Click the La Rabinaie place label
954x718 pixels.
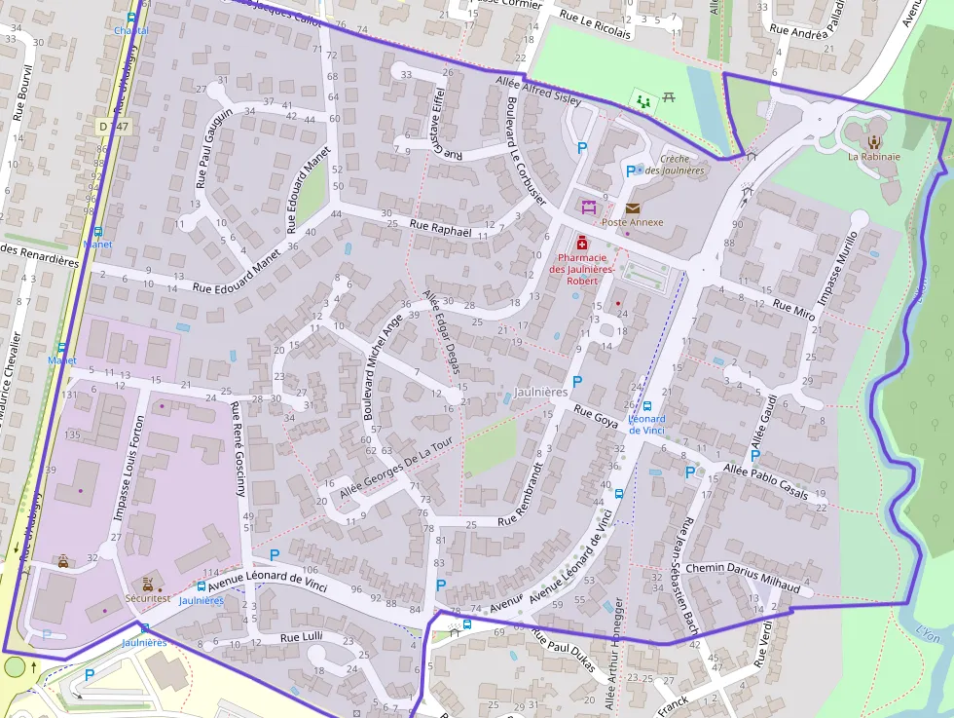coord(873,156)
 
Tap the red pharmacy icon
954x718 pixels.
coord(582,242)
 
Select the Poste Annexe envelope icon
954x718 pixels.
coord(633,208)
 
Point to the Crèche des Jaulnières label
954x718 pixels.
coord(681,165)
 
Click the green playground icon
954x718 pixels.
coord(642,99)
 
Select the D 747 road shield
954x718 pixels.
coord(113,126)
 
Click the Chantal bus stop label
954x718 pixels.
coord(131,30)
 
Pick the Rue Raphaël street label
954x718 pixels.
coord(441,229)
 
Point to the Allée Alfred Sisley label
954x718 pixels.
coord(538,91)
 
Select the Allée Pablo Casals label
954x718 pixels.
coord(765,482)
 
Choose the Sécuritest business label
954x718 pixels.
coord(147,598)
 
